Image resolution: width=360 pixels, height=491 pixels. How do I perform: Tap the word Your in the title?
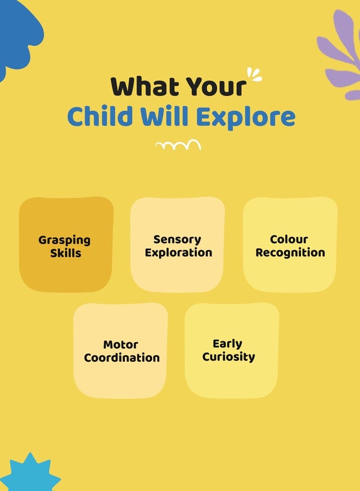tap(216, 86)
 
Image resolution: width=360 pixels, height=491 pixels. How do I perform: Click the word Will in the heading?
tap(164, 116)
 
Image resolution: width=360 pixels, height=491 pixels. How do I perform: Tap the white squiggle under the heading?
tap(178, 145)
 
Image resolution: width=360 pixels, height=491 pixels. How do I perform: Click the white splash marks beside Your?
tap(254, 75)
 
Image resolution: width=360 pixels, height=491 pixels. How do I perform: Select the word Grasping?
tap(64, 241)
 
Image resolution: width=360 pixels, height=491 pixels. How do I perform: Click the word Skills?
tap(66, 253)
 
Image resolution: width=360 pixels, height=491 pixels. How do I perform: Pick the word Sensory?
tap(177, 240)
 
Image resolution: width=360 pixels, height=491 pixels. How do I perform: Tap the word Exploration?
tap(178, 253)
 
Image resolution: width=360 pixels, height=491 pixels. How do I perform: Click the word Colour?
tap(289, 239)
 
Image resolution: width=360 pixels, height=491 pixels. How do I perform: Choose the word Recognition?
tap(290, 253)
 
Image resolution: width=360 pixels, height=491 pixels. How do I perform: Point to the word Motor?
tap(121, 345)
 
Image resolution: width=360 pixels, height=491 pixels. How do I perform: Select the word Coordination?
tap(122, 357)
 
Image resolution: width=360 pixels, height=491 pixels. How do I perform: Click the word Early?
tap(227, 344)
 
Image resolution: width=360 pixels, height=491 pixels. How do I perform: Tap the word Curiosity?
tap(229, 357)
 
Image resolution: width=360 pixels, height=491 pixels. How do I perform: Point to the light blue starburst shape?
tap(31, 473)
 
